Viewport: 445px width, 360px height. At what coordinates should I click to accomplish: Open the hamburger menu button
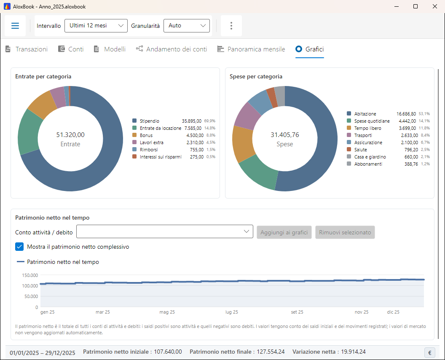tap(15, 26)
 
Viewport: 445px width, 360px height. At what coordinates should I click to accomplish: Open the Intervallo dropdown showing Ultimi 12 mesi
tap(96, 26)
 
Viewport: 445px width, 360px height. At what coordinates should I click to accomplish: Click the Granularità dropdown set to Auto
tap(186, 26)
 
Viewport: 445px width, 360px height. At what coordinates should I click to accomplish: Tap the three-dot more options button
tap(231, 26)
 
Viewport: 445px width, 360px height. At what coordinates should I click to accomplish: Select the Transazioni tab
tap(27, 49)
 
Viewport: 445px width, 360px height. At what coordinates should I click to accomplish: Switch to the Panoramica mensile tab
tap(251, 49)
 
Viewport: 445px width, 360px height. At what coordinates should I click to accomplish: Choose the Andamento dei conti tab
tap(172, 49)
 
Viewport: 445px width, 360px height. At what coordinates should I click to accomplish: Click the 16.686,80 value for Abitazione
tap(406, 114)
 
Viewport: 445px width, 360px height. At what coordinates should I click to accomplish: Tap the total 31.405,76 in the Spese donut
tap(284, 135)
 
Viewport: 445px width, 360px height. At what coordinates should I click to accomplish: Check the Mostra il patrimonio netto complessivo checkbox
tap(19, 247)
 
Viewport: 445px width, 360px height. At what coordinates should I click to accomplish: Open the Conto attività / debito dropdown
tap(165, 232)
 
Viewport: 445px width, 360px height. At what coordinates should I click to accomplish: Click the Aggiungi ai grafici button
tap(284, 232)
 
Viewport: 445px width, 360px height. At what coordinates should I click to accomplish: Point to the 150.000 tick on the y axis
tap(30, 275)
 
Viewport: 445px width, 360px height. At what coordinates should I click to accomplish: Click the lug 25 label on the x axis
tap(232, 312)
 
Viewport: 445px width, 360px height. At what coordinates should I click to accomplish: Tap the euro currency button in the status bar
tap(430, 352)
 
